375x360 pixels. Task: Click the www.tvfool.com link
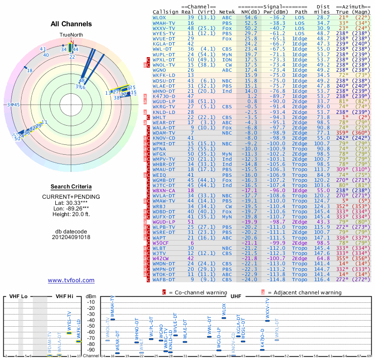point(71,280)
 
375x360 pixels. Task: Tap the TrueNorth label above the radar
point(71,35)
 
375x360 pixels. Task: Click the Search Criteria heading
point(71,187)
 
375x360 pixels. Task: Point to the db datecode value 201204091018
point(71,237)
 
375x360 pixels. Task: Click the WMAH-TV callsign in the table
point(164,23)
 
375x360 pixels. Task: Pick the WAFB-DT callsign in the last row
point(164,280)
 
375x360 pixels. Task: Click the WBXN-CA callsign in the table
point(164,191)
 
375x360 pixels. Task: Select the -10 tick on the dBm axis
point(91,302)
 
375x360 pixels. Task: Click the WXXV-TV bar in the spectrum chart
point(268,321)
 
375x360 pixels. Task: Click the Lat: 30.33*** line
point(71,202)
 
